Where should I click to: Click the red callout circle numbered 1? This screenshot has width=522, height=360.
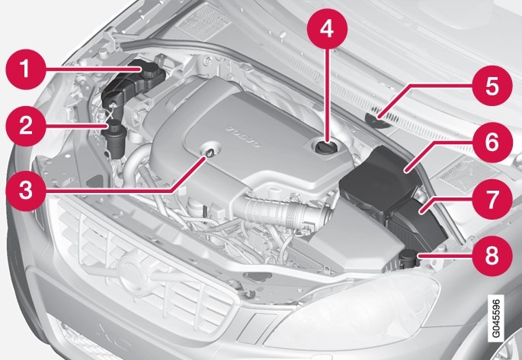(x=25, y=69)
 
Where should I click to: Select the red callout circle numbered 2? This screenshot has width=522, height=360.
(x=26, y=127)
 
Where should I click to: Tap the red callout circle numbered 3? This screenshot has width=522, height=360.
(x=26, y=191)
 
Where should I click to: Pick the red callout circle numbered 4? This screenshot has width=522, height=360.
(x=327, y=29)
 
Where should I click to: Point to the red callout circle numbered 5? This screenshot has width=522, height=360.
(x=492, y=85)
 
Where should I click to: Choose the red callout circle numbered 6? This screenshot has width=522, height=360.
(x=492, y=143)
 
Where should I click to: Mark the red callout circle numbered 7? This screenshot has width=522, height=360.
(x=492, y=199)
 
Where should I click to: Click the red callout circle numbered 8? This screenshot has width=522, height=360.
(x=492, y=256)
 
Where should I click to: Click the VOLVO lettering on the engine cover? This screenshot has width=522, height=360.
(x=243, y=137)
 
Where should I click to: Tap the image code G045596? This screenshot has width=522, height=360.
(x=495, y=318)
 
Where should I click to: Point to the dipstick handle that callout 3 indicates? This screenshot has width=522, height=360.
(x=211, y=153)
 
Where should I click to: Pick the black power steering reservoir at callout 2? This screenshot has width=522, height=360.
(x=114, y=139)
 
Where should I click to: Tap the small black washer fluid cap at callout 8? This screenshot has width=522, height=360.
(x=408, y=257)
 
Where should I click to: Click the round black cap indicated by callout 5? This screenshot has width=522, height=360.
(x=377, y=121)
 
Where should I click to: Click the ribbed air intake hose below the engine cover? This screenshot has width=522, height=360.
(x=283, y=210)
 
